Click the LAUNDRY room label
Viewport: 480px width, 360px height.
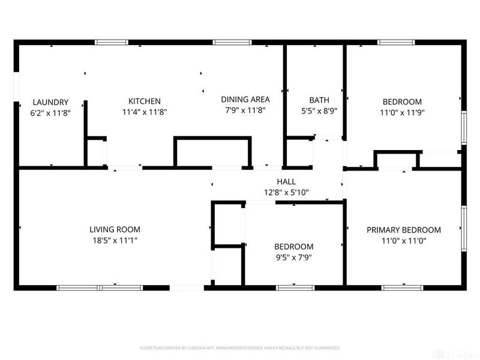[x=50, y=102]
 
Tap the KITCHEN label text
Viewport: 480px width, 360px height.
[x=145, y=101]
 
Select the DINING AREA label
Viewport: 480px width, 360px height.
[x=245, y=100]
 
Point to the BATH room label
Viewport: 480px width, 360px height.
[x=319, y=100]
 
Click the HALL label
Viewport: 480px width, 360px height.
[x=286, y=182]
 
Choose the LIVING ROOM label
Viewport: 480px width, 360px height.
[x=115, y=229]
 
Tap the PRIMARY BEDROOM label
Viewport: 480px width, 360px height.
[x=404, y=230]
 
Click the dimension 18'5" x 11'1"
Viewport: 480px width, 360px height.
[x=115, y=240]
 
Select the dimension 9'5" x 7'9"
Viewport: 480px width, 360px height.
[x=293, y=257]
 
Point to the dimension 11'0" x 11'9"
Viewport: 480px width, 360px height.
[x=401, y=112]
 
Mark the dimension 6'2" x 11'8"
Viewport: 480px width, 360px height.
[x=50, y=112]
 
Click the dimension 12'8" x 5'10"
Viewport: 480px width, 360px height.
[x=286, y=193]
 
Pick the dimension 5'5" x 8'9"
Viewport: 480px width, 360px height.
[x=319, y=111]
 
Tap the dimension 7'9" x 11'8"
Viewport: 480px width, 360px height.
[x=245, y=110]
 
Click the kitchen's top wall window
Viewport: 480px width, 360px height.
[x=112, y=43]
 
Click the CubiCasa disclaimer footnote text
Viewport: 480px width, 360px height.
[x=240, y=348]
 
